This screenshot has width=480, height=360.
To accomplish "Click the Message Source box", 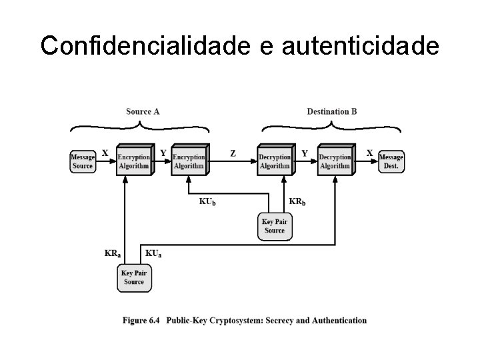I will pos(83,161).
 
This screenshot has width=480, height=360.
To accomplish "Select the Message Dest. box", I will pos(391,161).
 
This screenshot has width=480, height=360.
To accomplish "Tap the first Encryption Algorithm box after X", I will pos(134,161).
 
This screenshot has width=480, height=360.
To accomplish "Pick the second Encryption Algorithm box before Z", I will pos(189,161).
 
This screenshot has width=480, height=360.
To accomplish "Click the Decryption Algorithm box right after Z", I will pos(275,161).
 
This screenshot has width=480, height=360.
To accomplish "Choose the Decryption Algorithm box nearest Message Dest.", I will pos(335,161).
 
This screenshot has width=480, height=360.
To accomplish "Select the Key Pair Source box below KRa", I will pos(134,277).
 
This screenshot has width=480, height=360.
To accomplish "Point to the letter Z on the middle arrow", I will pos(233,153).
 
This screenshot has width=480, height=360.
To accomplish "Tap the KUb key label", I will pos(207,201).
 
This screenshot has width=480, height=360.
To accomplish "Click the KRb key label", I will pos(297,201).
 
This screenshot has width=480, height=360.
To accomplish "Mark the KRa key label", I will pos(113,253).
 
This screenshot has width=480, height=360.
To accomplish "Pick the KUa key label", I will pos(153,253).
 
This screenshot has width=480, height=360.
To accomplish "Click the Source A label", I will pos(143,111).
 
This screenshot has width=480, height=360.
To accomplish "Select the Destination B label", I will pos(331,111).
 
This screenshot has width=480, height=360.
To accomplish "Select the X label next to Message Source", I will pos(105,153).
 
